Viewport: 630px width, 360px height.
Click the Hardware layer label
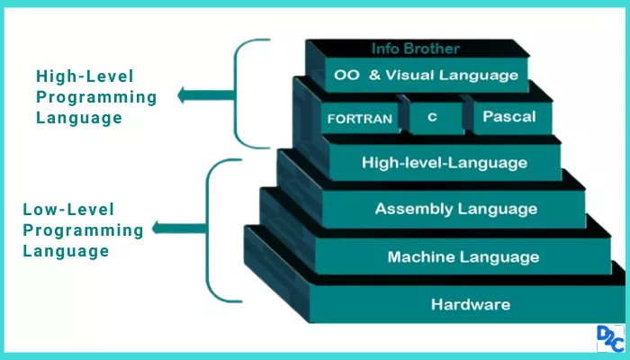(470, 304)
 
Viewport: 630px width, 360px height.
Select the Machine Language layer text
(463, 257)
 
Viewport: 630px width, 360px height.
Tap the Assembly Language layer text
(455, 210)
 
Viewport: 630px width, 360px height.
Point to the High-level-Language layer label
(444, 163)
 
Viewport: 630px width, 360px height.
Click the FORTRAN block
(359, 119)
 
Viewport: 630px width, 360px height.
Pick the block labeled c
(432, 117)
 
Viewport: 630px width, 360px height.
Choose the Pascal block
(508, 116)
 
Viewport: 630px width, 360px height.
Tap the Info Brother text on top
(415, 49)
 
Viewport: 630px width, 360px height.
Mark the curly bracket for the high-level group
(245, 93)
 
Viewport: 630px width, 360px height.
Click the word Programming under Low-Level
(83, 230)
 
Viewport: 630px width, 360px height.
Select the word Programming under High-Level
(96, 97)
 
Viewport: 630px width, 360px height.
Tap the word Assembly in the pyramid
(412, 210)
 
